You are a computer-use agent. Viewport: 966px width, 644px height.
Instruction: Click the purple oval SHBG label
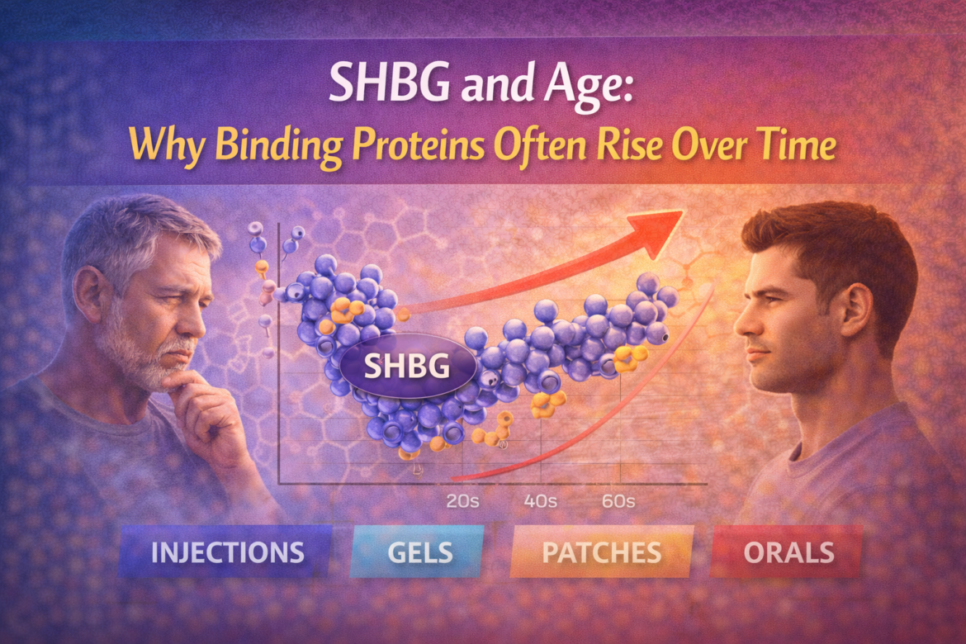pyautogui.click(x=407, y=366)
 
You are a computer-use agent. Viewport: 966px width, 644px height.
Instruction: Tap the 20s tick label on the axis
pyautogui.click(x=462, y=501)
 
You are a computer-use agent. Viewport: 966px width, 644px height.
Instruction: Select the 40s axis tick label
pyautogui.click(x=540, y=501)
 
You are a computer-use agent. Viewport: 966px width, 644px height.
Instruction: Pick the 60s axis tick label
pyautogui.click(x=618, y=501)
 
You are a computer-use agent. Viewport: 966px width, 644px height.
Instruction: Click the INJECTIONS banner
pyautogui.click(x=226, y=552)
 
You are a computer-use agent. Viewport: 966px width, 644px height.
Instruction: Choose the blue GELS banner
pyautogui.click(x=419, y=552)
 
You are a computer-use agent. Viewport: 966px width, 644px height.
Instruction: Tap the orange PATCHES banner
pyautogui.click(x=602, y=552)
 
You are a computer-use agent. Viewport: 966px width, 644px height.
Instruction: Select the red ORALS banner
pyautogui.click(x=788, y=552)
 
